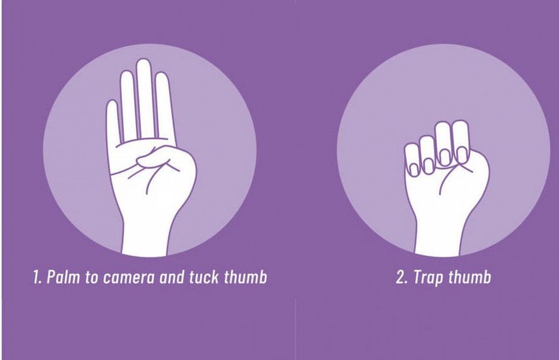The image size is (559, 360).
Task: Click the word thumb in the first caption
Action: coord(245,277)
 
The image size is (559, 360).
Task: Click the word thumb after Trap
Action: coord(469,277)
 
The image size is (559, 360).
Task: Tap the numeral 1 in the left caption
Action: coord(37,277)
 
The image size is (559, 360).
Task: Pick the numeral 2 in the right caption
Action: coord(402,277)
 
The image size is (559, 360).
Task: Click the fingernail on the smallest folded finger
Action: coord(414,170)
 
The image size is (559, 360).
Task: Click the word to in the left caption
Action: coord(91,277)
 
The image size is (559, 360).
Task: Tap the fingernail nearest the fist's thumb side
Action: coord(462,155)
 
